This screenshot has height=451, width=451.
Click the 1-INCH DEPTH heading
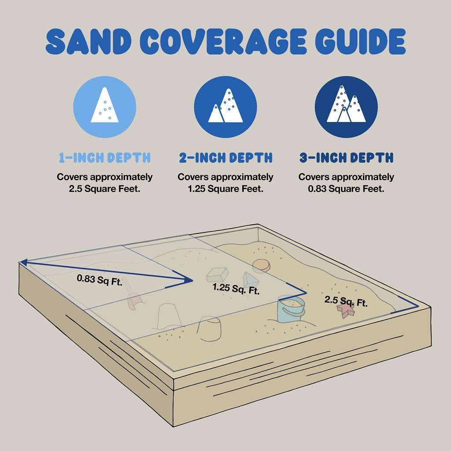[x=105, y=158]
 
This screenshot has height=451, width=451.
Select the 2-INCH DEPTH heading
[x=225, y=158]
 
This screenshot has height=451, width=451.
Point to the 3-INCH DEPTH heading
[x=346, y=158]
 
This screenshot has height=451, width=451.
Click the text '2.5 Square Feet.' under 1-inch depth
[x=105, y=189]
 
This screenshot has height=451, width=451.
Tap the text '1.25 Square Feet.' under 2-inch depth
[x=225, y=189]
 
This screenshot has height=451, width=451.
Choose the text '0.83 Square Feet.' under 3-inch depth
[x=346, y=189]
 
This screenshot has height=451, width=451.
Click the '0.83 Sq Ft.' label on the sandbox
[x=99, y=280]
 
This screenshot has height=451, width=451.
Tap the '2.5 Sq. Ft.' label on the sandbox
[x=346, y=302]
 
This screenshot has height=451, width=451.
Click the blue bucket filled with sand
[x=291, y=309]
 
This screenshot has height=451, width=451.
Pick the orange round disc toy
[x=261, y=265]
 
